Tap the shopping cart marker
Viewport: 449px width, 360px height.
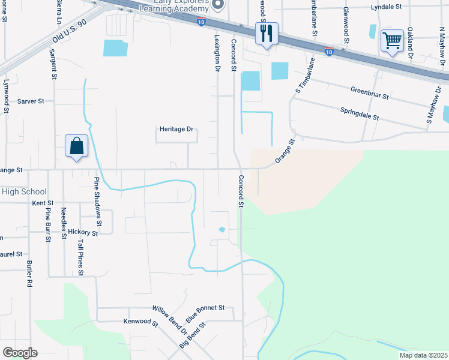pyautogui.click(x=391, y=41)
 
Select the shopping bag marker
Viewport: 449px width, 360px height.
pyautogui.click(x=77, y=146)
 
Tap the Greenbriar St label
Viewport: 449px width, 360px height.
pyautogui.click(x=369, y=92)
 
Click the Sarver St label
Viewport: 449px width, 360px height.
pyautogui.click(x=31, y=101)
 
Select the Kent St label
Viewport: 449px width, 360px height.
pyautogui.click(x=43, y=203)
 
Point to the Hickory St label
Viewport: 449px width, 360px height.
pyautogui.click(x=83, y=232)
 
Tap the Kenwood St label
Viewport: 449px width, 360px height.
pyautogui.click(x=140, y=323)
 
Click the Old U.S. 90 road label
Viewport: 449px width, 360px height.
pyautogui.click(x=70, y=30)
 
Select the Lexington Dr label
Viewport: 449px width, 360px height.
pyautogui.click(x=217, y=53)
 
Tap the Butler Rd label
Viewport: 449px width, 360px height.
pyautogui.click(x=29, y=273)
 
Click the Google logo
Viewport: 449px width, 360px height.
pyautogui.click(x=20, y=353)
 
